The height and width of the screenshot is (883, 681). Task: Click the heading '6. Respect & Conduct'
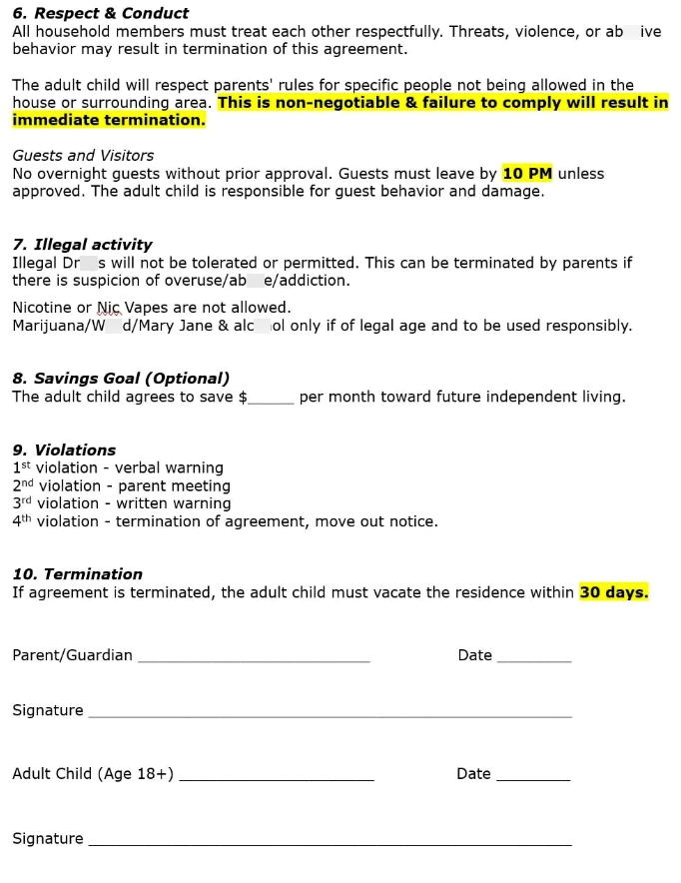tap(100, 14)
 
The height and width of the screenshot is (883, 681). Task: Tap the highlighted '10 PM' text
tap(526, 174)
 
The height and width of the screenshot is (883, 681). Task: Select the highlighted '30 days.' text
tap(613, 592)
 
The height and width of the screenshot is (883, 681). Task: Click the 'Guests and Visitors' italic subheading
tap(83, 156)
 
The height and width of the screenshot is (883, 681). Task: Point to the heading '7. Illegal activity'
tap(82, 245)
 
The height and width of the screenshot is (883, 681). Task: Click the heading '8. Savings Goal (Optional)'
tap(121, 379)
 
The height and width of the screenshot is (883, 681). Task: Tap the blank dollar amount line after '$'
tap(271, 399)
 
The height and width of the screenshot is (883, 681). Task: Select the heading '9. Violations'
tap(64, 450)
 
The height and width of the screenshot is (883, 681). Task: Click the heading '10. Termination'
tap(77, 574)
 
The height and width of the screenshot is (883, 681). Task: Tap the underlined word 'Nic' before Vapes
tap(108, 309)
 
